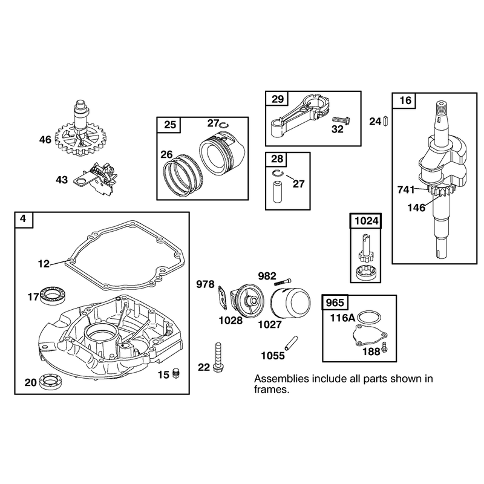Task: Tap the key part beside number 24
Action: (x=385, y=120)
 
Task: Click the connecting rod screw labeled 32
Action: (x=341, y=120)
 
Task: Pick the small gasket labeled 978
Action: (x=222, y=297)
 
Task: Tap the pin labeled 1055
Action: (x=291, y=343)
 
